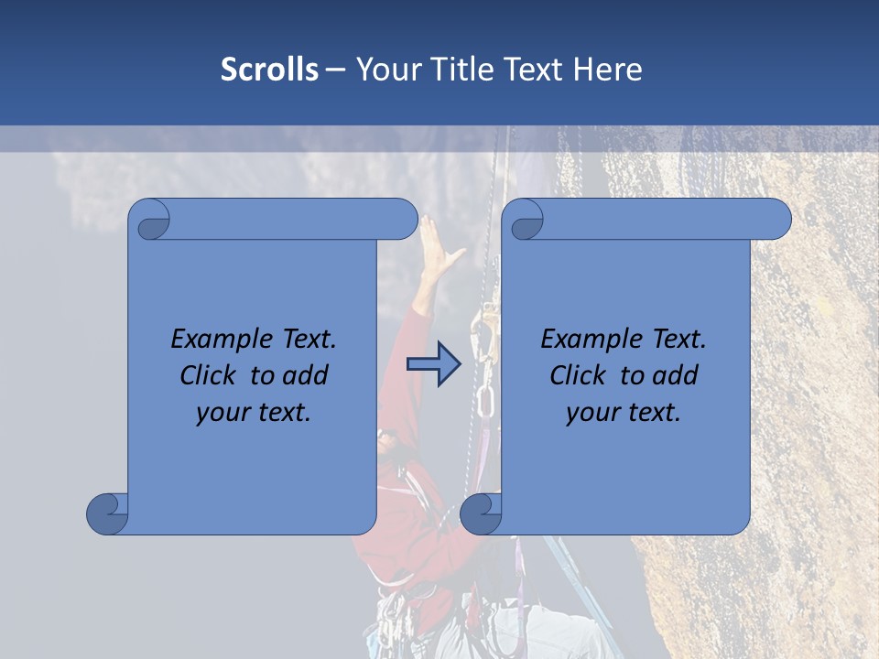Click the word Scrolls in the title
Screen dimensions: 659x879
coord(269,70)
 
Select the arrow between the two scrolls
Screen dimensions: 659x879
coord(434,364)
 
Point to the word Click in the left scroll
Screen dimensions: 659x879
coord(210,375)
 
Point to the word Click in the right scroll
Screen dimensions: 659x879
coord(579,375)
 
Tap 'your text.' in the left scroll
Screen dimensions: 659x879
coord(254,412)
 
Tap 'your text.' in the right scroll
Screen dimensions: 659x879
coord(624,412)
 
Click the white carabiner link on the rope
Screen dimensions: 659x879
coord(485,401)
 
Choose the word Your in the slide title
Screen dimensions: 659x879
coord(386,70)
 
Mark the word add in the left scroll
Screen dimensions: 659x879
coord(305,375)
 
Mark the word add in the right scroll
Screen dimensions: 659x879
coord(675,375)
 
